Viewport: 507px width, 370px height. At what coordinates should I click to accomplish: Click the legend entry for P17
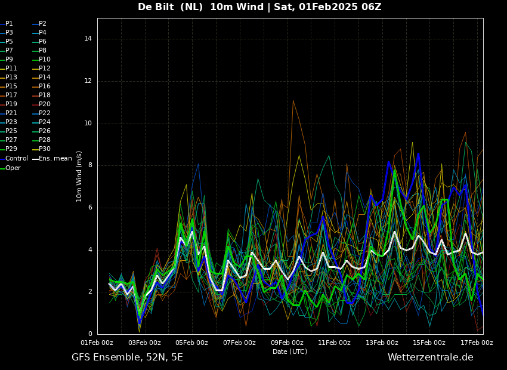[9, 95]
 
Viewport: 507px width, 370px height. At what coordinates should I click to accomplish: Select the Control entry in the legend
[14, 159]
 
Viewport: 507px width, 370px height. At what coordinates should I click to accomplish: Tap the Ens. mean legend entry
[52, 159]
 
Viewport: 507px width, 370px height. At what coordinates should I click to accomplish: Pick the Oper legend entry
[10, 168]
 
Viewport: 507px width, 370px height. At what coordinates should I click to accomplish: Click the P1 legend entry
[7, 24]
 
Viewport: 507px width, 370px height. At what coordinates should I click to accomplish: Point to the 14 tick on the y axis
[88, 39]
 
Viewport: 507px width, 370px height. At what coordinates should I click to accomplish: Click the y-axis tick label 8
[90, 165]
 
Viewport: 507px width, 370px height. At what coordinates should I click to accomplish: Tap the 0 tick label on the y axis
[90, 334]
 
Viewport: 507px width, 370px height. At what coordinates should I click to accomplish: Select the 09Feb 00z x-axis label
[287, 343]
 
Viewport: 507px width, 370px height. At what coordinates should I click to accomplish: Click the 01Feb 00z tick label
[97, 343]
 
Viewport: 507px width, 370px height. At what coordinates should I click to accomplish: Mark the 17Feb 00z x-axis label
[477, 343]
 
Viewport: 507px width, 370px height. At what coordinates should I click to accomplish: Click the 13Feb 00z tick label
[382, 343]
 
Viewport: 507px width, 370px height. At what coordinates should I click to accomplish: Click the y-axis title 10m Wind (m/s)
[79, 176]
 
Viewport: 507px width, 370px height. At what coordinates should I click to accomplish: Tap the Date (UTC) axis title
[290, 351]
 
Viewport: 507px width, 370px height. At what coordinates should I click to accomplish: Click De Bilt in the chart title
[156, 7]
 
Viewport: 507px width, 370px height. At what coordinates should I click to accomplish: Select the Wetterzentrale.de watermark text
[431, 357]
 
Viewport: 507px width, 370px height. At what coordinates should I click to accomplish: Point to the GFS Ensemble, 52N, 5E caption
[127, 357]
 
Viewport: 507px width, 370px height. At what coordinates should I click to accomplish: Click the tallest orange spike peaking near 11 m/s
[293, 101]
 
